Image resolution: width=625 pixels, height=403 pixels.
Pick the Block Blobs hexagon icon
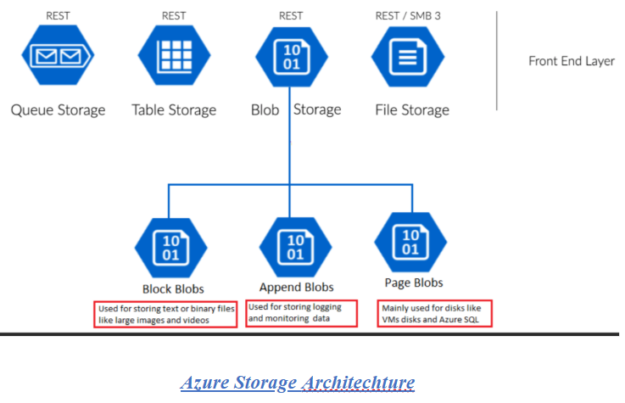[171, 246]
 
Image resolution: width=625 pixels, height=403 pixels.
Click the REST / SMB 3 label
[410, 16]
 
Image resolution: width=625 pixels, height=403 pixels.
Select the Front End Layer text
[571, 61]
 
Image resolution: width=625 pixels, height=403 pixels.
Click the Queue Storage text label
[58, 110]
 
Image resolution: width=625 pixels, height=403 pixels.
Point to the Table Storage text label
[174, 110]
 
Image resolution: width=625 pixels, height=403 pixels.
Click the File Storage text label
[412, 110]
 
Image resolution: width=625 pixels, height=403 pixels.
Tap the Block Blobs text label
[173, 288]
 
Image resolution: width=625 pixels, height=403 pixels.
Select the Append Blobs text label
[296, 287]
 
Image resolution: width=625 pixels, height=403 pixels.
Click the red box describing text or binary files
[165, 314]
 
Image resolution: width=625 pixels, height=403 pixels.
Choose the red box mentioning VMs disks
[435, 313]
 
